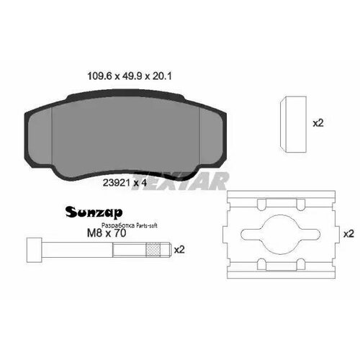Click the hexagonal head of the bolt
point(32,250)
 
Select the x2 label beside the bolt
point(179,250)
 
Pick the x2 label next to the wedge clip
point(318,123)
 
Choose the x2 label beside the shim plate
point(348,234)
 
